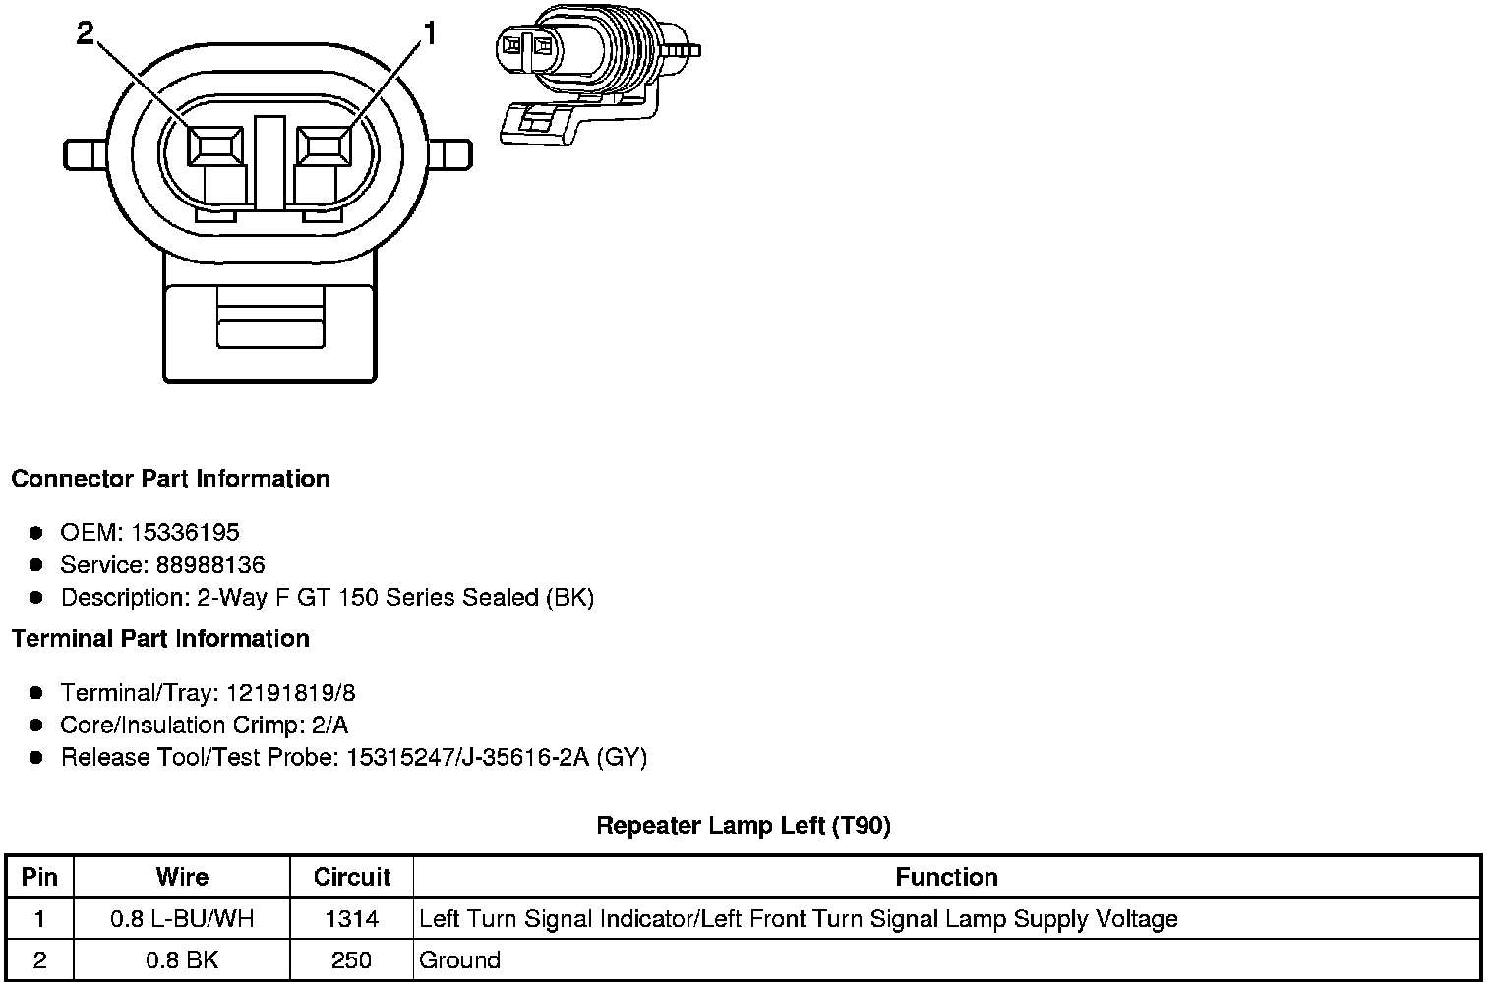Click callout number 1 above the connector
[428, 34]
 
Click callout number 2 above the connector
[86, 34]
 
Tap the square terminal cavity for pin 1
[324, 147]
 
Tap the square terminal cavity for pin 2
[215, 147]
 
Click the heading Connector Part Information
[170, 479]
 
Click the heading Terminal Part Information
[160, 639]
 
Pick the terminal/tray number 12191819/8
[290, 693]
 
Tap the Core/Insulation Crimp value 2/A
[329, 726]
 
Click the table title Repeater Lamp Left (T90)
[744, 826]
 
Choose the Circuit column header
[351, 877]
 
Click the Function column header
[946, 877]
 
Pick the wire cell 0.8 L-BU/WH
[182, 919]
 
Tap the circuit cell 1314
[351, 919]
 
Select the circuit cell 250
[351, 959]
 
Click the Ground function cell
[459, 959]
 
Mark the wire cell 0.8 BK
[182, 959]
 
